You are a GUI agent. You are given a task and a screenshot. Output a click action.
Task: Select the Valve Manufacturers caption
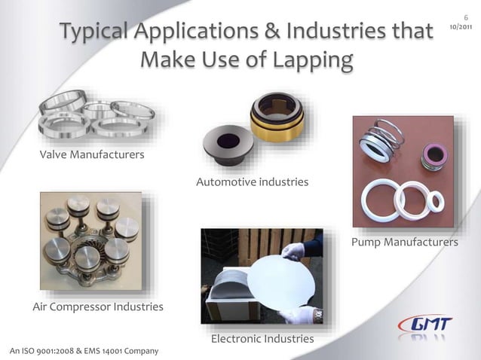92,155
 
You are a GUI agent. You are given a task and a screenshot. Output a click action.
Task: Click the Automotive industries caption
252,182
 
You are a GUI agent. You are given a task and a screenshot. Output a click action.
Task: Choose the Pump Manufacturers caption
405,243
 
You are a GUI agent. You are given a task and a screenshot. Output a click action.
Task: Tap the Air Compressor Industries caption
98,307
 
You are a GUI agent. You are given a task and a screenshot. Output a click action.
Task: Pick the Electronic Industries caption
262,339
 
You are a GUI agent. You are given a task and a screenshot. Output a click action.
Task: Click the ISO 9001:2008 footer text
84,351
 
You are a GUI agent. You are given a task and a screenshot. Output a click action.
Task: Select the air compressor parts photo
90,243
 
